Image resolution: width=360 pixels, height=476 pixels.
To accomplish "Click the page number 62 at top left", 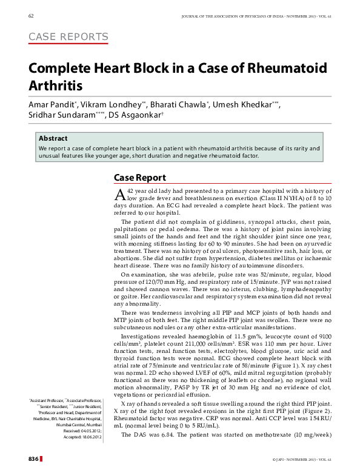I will [31, 15].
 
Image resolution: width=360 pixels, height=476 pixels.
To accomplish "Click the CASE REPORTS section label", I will [68, 37].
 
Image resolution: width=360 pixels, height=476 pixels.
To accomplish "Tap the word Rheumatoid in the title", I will [285, 67].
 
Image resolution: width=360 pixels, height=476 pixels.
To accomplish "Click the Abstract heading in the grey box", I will [53, 138].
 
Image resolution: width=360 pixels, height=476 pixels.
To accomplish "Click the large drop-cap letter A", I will [120, 194].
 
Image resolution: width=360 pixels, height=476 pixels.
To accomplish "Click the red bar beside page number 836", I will [41, 459].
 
